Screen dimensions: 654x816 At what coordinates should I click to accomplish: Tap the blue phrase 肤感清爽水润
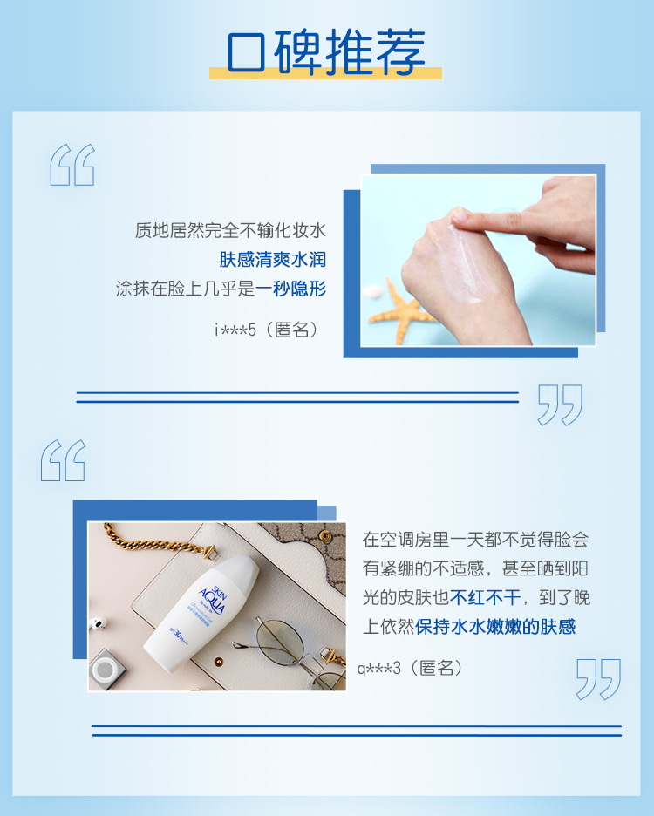pyautogui.click(x=273, y=259)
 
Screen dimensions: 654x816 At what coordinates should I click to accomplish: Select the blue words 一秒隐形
pyautogui.click(x=291, y=289)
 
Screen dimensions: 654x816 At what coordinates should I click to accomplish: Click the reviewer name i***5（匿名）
pyautogui.click(x=267, y=330)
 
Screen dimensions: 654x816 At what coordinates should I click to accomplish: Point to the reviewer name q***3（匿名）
pyautogui.click(x=411, y=668)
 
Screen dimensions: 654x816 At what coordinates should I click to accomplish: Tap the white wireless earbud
pyautogui.click(x=98, y=622)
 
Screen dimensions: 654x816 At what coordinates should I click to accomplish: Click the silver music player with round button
pyautogui.click(x=108, y=670)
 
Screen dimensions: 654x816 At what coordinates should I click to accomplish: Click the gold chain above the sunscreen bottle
pyautogui.click(x=156, y=541)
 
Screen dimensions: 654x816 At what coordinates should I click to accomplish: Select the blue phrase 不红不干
pyautogui.click(x=486, y=597)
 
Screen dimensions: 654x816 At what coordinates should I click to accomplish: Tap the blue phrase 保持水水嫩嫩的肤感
pyautogui.click(x=495, y=627)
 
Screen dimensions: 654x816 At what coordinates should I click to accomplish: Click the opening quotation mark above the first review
pyautogui.click(x=72, y=165)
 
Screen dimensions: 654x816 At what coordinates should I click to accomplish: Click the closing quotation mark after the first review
pyautogui.click(x=560, y=405)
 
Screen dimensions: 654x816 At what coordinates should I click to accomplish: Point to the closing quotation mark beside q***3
pyautogui.click(x=599, y=679)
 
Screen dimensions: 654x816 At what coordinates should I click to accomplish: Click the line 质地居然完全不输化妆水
pyautogui.click(x=231, y=230)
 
